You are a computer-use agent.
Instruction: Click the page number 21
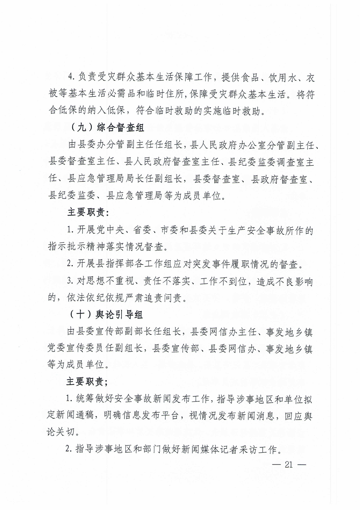[x=289, y=464]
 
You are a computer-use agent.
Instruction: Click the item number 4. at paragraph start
[x=70, y=78]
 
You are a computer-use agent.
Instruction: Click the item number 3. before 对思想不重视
[x=70, y=282]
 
